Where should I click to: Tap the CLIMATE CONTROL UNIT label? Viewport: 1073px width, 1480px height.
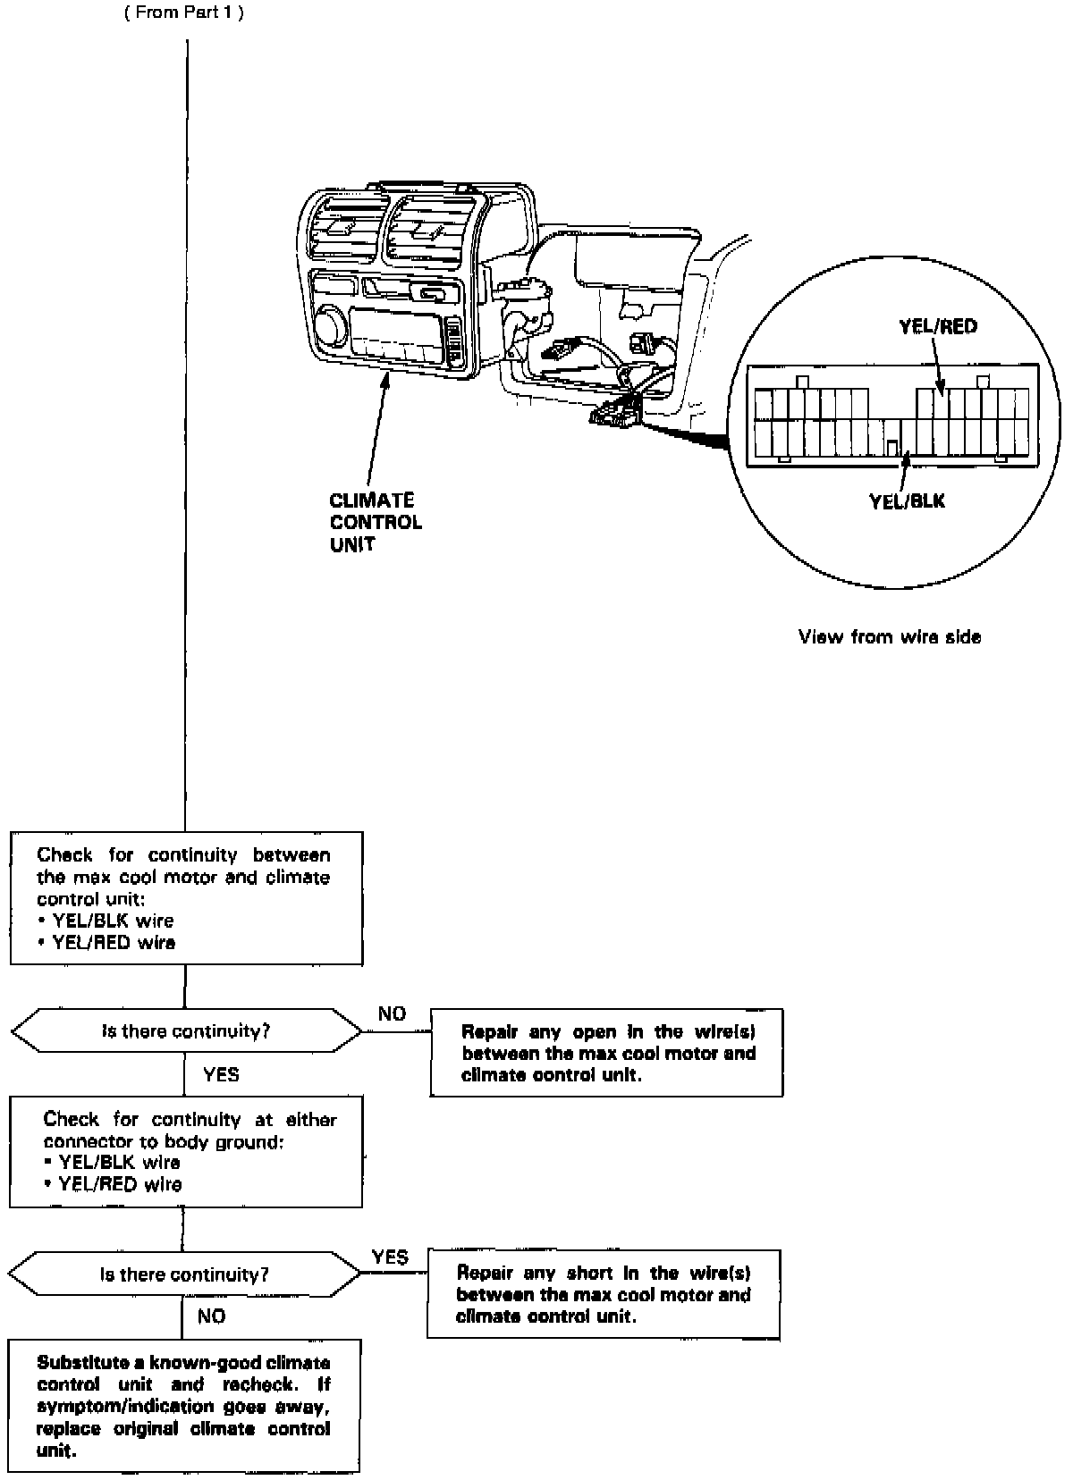[375, 522]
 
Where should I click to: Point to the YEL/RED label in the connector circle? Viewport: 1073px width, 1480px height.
[937, 326]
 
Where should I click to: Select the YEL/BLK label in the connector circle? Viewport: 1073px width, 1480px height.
[907, 501]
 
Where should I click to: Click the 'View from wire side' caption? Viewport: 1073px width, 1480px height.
[889, 637]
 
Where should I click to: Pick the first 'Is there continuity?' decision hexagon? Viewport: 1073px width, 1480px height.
[186, 1031]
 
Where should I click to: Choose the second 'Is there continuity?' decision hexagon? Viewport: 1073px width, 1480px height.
[184, 1274]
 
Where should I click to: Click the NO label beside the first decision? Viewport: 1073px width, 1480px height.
[392, 1013]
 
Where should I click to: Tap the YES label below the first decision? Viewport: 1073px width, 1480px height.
[221, 1074]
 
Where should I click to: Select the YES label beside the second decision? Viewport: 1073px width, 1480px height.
[390, 1257]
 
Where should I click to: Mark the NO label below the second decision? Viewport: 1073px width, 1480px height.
[212, 1316]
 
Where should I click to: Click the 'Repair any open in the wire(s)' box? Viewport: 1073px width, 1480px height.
[607, 1053]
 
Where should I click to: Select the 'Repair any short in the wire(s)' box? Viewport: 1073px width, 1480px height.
[604, 1294]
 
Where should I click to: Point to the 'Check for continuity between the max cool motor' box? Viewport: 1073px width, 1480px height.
[186, 898]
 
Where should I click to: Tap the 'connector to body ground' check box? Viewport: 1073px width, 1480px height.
[186, 1151]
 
